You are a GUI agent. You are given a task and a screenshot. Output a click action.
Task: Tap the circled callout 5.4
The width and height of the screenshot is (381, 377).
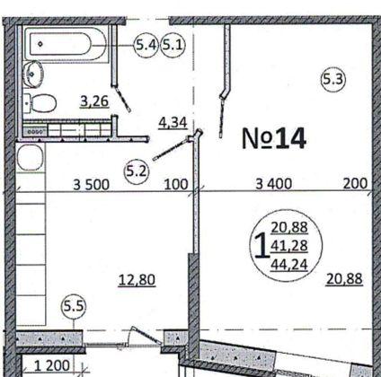coord(145,45)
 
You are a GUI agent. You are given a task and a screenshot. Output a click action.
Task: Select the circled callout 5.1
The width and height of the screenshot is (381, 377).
coord(173,45)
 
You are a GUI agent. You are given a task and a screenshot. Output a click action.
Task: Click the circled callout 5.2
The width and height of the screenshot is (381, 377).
coord(137,168)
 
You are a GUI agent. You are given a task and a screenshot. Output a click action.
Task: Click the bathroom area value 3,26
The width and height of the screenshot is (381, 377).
coord(94,101)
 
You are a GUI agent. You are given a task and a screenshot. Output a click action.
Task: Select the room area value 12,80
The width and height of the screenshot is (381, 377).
coord(137,279)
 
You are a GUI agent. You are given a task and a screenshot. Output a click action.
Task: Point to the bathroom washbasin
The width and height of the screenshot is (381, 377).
coord(33,74)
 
